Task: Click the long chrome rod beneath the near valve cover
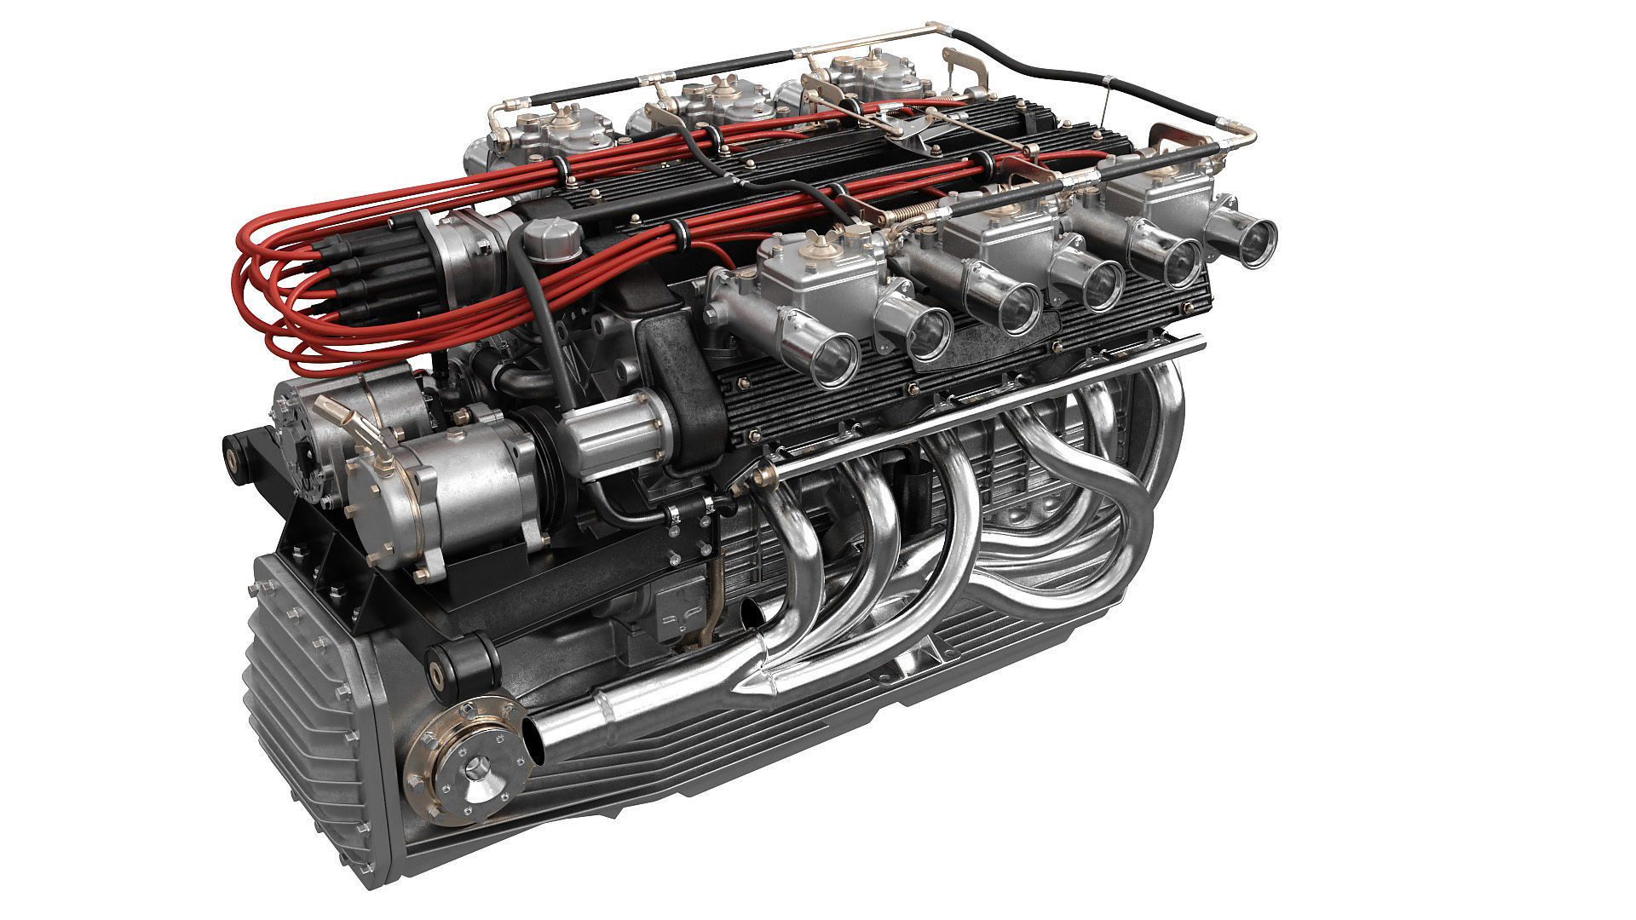(980, 400)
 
